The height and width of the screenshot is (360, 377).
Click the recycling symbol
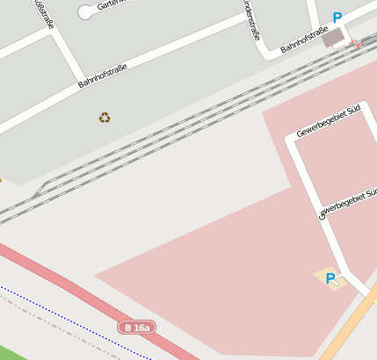(x=105, y=117)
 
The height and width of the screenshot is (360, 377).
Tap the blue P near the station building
(x=337, y=18)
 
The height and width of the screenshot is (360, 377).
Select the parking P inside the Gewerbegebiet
(x=330, y=278)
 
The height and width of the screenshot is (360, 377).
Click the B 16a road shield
(x=137, y=328)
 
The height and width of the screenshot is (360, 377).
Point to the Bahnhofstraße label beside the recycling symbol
(x=103, y=76)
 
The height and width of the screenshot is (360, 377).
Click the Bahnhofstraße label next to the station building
(x=303, y=40)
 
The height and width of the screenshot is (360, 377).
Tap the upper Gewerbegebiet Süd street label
(x=329, y=120)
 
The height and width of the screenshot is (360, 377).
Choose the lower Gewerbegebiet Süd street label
(x=348, y=203)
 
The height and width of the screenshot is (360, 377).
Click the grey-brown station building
(x=333, y=38)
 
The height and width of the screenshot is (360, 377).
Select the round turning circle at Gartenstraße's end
(x=85, y=12)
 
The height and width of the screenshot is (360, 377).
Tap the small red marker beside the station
(x=355, y=42)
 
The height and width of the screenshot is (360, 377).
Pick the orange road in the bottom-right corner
(x=352, y=325)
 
